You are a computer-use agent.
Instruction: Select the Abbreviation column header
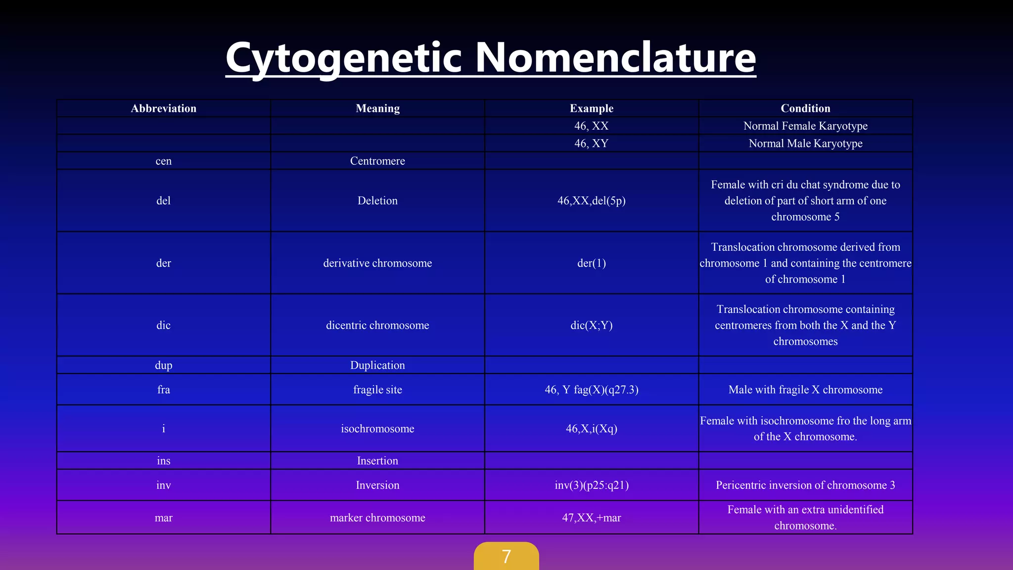(163, 108)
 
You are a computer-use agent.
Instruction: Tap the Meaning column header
(377, 108)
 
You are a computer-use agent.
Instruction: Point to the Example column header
(591, 108)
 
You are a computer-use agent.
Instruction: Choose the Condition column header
(805, 108)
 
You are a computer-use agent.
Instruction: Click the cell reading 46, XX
(591, 126)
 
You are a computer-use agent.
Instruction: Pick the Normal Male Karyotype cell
(805, 143)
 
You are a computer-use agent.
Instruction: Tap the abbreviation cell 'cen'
(163, 161)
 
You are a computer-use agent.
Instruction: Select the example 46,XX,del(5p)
(591, 200)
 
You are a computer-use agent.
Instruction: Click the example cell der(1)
(591, 263)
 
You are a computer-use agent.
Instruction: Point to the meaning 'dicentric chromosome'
(377, 325)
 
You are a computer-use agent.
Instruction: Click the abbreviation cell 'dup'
(163, 365)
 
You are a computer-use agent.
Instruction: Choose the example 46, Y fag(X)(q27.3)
(591, 389)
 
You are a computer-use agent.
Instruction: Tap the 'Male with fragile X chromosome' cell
(805, 389)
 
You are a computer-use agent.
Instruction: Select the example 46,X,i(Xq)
(591, 428)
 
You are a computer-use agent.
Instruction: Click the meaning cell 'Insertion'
(377, 461)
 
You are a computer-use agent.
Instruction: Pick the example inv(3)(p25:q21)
(591, 485)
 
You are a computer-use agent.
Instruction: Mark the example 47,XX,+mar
(591, 518)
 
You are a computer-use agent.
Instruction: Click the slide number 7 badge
(506, 557)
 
